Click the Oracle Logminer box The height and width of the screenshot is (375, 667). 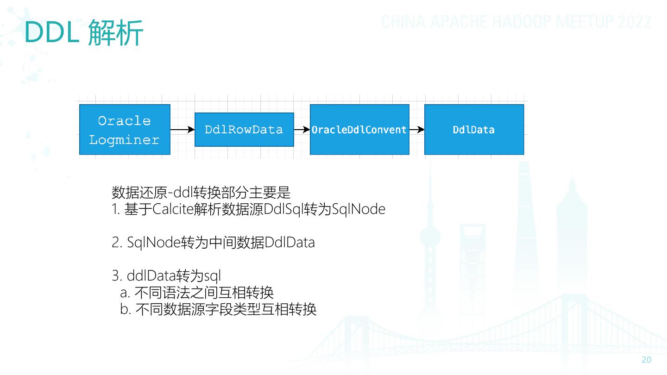125,130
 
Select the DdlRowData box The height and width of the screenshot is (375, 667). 244,130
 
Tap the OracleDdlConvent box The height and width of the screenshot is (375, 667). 359,130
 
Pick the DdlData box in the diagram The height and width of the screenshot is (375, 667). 474,130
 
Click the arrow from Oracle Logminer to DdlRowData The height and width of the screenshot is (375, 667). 182,130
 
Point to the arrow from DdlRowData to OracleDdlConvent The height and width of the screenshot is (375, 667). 302,130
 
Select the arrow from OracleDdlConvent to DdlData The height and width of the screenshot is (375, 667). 417,130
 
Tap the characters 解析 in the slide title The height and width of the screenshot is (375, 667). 115,32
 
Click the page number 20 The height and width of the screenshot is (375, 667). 646,360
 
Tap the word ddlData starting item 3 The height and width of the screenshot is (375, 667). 151,276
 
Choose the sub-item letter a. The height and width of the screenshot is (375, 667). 125,293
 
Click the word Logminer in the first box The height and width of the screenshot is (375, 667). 124,140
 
